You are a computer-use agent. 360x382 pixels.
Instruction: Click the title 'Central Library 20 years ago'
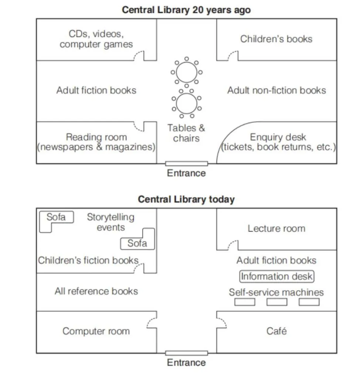186,10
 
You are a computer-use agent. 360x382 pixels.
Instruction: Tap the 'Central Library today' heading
186,199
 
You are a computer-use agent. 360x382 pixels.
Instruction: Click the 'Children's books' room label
276,39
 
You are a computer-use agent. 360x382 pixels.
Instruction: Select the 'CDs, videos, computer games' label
96,39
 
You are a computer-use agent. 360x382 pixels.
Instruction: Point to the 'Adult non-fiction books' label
276,91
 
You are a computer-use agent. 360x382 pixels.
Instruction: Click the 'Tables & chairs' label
186,133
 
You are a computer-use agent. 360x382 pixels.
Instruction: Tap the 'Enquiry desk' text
278,137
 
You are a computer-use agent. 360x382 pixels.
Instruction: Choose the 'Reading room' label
96,137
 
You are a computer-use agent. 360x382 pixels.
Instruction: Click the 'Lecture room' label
276,229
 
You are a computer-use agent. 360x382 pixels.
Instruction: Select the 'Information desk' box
276,276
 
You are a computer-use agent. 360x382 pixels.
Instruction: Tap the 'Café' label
276,331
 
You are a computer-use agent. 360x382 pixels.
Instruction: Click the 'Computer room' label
96,331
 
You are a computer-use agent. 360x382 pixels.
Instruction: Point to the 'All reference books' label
96,291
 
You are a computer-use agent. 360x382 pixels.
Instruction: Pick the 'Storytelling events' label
111,222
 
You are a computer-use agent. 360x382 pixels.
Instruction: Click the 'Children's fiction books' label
88,260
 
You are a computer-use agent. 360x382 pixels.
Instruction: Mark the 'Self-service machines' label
276,292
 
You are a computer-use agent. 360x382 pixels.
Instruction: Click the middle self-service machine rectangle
277,302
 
